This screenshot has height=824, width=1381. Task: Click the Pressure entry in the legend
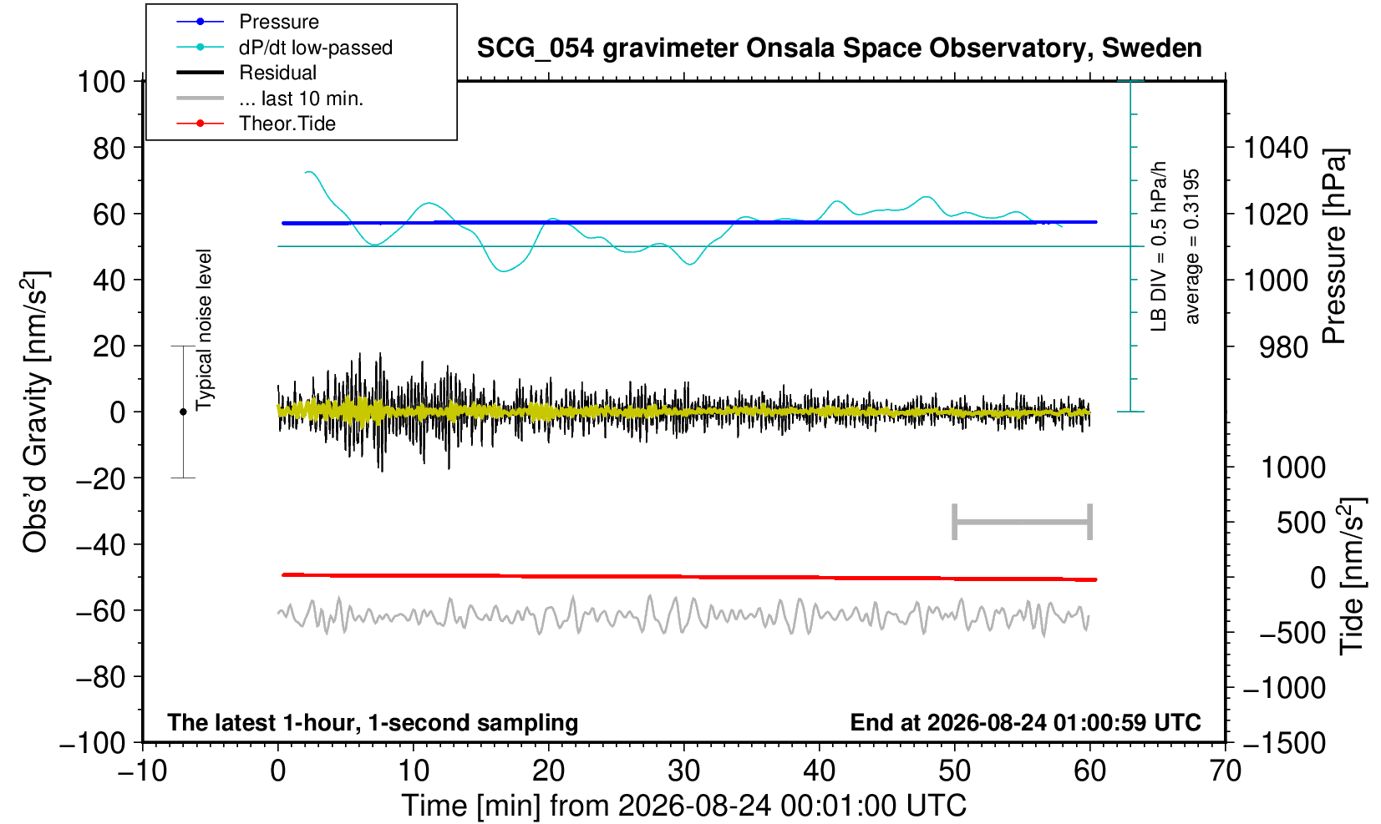279,23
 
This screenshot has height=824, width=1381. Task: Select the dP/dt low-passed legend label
316,48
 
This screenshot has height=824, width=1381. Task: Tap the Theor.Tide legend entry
287,124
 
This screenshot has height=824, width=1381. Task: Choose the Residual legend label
278,73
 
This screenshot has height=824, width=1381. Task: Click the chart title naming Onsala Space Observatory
839,48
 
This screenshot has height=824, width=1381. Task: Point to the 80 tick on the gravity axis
109,149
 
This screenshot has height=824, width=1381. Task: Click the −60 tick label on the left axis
101,611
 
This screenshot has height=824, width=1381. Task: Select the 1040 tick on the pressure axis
1276,149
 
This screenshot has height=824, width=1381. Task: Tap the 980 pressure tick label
1283,347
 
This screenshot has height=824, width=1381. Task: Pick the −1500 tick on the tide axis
1284,743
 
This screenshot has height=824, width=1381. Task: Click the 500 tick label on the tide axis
1301,523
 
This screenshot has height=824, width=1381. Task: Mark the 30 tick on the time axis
683,771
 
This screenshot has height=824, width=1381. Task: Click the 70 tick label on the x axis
1225,771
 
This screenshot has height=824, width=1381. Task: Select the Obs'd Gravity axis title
35,412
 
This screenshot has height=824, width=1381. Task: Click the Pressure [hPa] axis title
1333,246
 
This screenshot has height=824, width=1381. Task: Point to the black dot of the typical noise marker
183,412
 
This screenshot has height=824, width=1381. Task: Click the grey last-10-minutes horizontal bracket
1023,522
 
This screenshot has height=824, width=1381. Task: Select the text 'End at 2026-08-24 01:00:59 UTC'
1025,722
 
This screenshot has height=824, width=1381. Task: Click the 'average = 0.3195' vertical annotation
1192,246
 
